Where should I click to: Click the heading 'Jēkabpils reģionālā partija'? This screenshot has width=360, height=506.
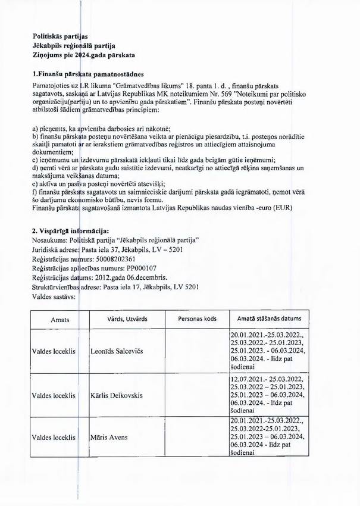point(74,45)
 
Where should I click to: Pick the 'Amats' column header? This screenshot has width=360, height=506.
point(60,320)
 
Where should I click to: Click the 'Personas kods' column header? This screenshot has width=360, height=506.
point(196,320)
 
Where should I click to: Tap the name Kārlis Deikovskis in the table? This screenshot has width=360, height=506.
point(120,395)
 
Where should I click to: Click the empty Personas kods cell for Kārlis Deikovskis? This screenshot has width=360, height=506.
point(196,395)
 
